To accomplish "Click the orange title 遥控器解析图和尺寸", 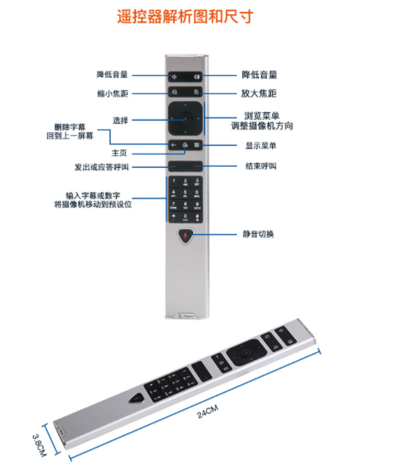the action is (x=185, y=16).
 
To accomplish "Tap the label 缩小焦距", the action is (x=112, y=93).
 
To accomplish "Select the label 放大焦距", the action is (x=259, y=93).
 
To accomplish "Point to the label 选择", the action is (x=120, y=121).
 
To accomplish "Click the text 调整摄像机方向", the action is (x=262, y=125).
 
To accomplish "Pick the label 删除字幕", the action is (x=70, y=127).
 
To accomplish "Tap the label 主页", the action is (x=119, y=153).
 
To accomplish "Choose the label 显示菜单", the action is (x=260, y=146).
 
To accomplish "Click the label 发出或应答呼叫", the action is (x=101, y=167).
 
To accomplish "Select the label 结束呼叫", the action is (x=260, y=166).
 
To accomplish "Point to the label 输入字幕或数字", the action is (x=93, y=196).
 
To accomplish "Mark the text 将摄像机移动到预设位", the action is (x=93, y=205).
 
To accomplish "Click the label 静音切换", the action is (x=258, y=234).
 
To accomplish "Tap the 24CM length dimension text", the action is (x=208, y=412).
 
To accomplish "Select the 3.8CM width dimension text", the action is (x=39, y=445).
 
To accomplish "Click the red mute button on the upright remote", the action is (x=185, y=236).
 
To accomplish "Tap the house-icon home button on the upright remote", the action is (x=185, y=145).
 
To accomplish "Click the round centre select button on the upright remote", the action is (x=185, y=118).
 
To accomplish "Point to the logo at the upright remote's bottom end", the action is (x=186, y=316).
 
